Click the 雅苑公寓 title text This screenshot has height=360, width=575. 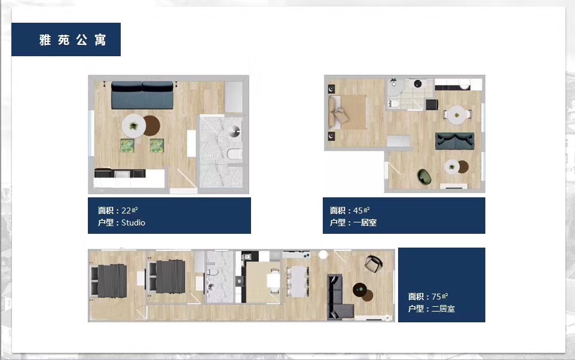pyautogui.click(x=72, y=39)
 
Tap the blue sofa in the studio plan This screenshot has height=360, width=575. pyautogui.click(x=142, y=95)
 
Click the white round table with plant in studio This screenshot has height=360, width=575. pyautogui.click(x=133, y=126)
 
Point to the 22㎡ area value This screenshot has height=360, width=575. pyautogui.click(x=130, y=210)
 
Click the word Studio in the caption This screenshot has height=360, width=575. pyautogui.click(x=133, y=222)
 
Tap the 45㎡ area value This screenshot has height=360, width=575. pyautogui.click(x=361, y=210)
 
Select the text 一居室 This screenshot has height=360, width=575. pyautogui.click(x=365, y=222)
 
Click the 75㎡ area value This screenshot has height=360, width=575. pyautogui.click(x=440, y=296)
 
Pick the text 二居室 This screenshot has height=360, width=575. pyautogui.click(x=443, y=309)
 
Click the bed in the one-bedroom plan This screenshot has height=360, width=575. pyautogui.click(x=348, y=112)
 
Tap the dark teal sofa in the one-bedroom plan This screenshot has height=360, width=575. pyautogui.click(x=455, y=141)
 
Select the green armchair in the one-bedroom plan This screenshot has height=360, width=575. pyautogui.click(x=424, y=176)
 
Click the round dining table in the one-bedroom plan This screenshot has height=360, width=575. pyautogui.click(x=457, y=115)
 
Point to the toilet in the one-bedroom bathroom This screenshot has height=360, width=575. pyautogui.click(x=394, y=103)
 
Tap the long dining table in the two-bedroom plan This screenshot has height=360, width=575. pyautogui.click(x=298, y=282)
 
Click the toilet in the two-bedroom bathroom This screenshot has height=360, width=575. pyautogui.click(x=212, y=272)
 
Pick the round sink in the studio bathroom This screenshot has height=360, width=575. pyautogui.click(x=234, y=131)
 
